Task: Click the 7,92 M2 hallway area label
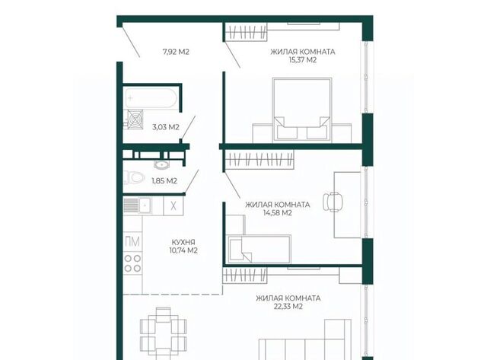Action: (x=176, y=52)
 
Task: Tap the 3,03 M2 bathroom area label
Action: (x=166, y=127)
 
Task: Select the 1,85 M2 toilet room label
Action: (x=164, y=181)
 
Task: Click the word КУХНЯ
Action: (x=183, y=242)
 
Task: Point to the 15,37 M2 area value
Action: (x=303, y=60)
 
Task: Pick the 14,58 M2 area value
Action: (x=277, y=213)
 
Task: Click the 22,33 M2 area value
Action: (x=288, y=307)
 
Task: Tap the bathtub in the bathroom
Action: (x=151, y=98)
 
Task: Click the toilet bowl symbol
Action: (x=135, y=178)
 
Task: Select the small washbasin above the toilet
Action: (x=161, y=164)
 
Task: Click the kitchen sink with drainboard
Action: (x=137, y=205)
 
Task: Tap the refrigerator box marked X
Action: (x=173, y=205)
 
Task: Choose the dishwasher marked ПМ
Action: (x=132, y=241)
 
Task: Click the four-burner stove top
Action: (x=132, y=263)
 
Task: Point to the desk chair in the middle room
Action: (x=333, y=202)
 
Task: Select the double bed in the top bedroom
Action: (x=302, y=110)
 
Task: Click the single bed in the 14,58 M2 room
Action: (x=259, y=249)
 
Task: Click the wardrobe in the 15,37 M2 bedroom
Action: (x=246, y=32)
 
